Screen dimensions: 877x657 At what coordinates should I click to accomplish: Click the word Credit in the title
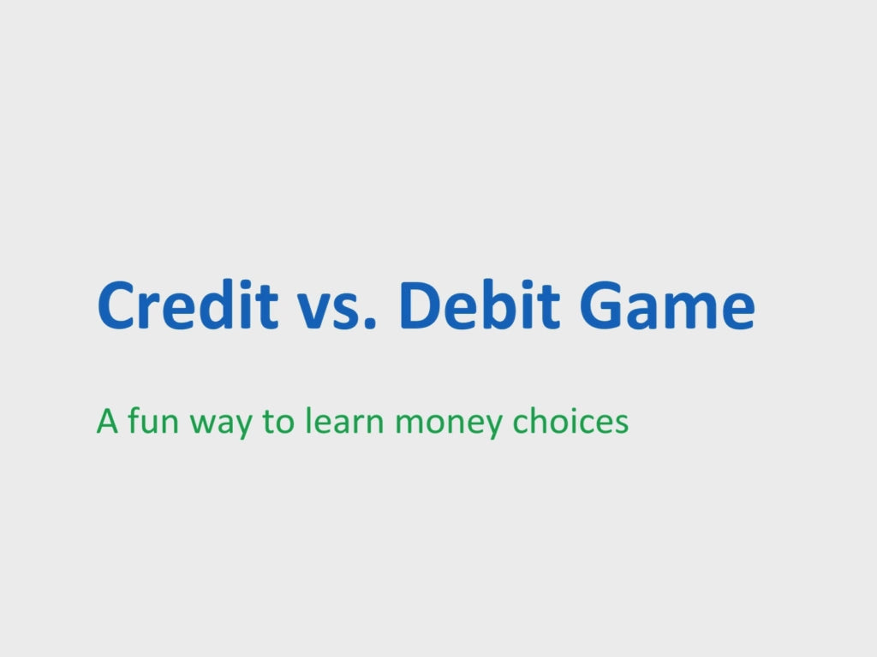(x=188, y=305)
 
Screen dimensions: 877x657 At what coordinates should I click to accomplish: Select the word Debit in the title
(x=480, y=305)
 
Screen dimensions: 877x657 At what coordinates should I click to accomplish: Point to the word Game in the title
(x=666, y=305)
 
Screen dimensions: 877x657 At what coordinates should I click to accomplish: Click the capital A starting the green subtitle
(x=107, y=421)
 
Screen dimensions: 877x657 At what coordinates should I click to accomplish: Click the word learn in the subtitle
(x=344, y=421)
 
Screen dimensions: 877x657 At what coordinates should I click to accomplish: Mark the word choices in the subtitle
(x=570, y=421)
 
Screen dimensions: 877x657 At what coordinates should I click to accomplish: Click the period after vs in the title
(x=370, y=324)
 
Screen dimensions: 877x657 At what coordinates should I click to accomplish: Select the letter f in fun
(x=134, y=421)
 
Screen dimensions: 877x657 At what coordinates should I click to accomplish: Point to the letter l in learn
(x=307, y=421)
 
